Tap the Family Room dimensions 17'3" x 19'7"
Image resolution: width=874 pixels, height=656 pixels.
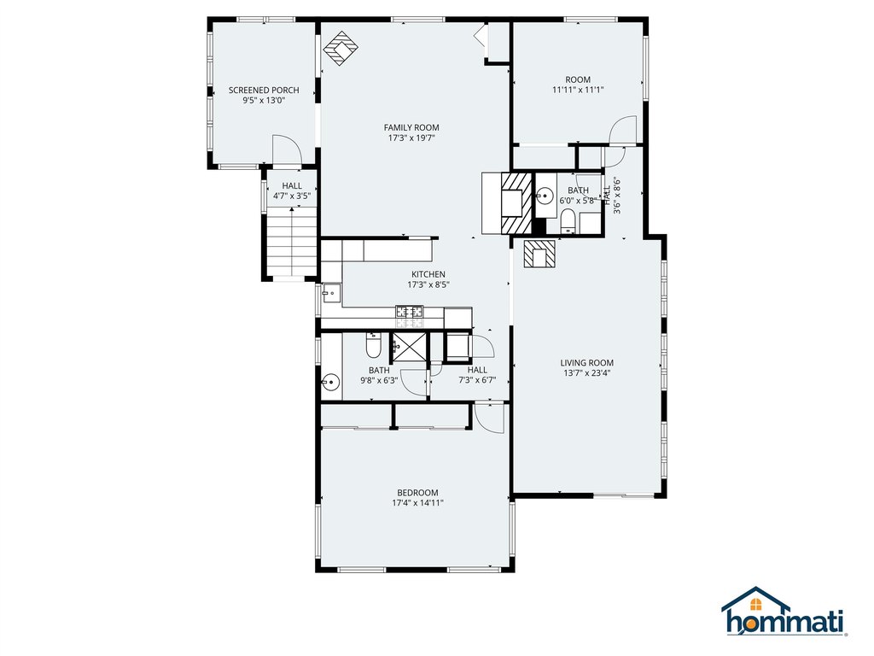tap(411, 138)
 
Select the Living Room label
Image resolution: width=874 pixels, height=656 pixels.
tap(586, 362)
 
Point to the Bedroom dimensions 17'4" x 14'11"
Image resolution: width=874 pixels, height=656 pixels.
tap(417, 503)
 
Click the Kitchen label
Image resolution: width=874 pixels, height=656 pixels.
tap(428, 274)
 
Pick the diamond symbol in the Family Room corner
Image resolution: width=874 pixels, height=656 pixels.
tap(341, 49)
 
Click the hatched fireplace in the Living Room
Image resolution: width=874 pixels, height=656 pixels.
tap(539, 254)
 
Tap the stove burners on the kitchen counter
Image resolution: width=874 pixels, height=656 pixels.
tap(410, 313)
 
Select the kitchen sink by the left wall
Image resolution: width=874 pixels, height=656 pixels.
tap(330, 295)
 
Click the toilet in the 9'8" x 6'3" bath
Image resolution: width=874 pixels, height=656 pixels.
tap(374, 346)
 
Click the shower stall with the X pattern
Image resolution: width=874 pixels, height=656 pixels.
tap(406, 348)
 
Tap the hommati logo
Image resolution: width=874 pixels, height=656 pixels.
tap(784, 612)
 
